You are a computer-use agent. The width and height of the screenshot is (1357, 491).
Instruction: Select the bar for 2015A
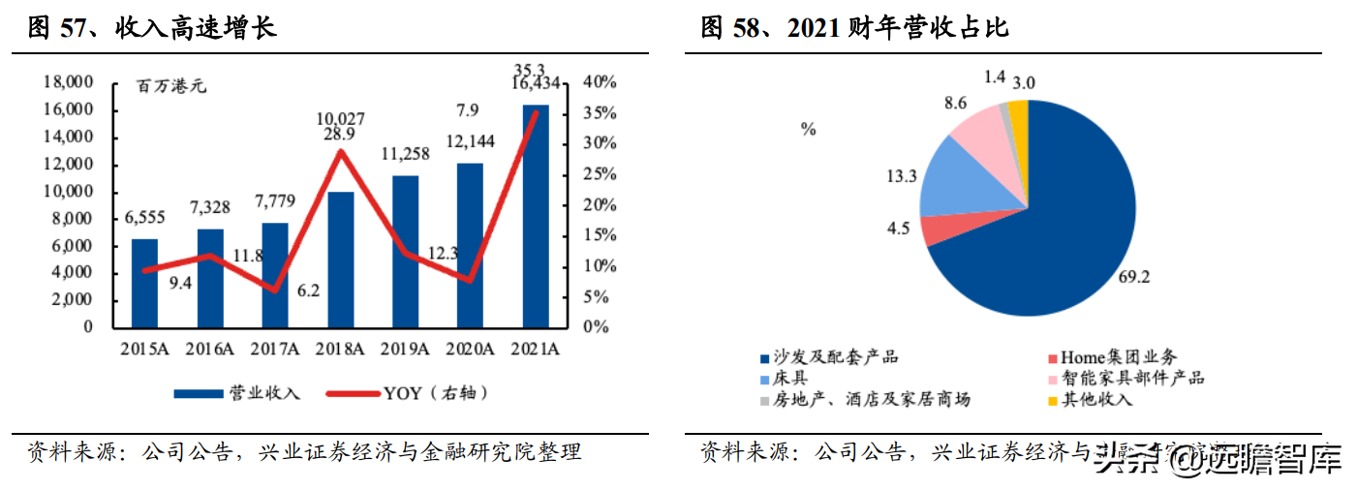coord(144,282)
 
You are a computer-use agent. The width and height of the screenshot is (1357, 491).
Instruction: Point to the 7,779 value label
coord(275,199)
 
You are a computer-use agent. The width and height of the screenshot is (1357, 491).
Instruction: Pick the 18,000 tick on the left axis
coord(69,83)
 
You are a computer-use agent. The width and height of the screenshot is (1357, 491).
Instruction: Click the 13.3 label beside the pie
coord(900,176)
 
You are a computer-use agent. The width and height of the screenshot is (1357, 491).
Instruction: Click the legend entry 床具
coord(789,379)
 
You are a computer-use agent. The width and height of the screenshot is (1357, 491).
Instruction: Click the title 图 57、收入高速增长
coord(153,28)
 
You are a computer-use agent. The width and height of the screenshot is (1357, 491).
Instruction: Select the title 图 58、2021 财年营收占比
coord(854,28)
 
